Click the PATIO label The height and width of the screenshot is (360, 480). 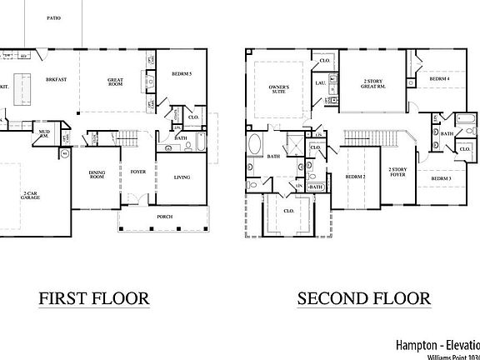click(52, 17)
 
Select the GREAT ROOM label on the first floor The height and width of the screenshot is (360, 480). click(116, 82)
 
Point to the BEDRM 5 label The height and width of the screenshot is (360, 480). click(181, 74)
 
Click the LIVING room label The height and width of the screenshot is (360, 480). click(183, 177)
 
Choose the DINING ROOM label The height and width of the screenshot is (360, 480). click(101, 176)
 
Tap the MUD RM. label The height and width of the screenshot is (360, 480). click(44, 134)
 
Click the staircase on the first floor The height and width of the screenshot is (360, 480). click(127, 139)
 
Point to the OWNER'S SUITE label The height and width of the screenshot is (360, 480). click(277, 89)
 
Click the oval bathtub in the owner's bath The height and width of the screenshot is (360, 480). click(254, 147)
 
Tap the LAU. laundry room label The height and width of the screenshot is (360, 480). click(319, 83)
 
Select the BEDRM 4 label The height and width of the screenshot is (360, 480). click(439, 78)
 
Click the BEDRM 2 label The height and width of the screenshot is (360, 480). click(355, 177)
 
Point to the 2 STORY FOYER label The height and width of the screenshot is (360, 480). click(397, 172)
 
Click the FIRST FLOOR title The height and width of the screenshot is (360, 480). click(94, 297)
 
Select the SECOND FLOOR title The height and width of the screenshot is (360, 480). click(363, 297)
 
